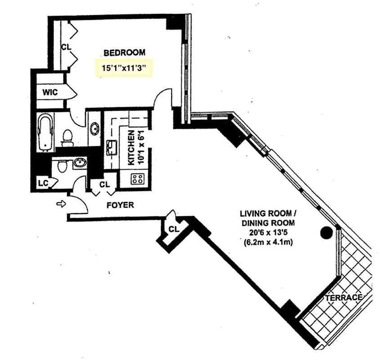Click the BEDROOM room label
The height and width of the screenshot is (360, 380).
pos(125,53)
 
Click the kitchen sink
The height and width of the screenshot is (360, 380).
pos(112,147)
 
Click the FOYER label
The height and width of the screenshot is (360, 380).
pos(120,205)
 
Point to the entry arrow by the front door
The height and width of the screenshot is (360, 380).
pos(61,204)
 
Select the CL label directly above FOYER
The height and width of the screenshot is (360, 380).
pos(104,184)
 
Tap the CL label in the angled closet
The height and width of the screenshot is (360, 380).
pos(174,229)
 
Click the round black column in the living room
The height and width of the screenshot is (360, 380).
pos(326,232)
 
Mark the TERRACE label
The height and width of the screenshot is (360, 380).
pos(345,298)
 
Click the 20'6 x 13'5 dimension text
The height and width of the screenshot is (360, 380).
pos(267,233)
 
